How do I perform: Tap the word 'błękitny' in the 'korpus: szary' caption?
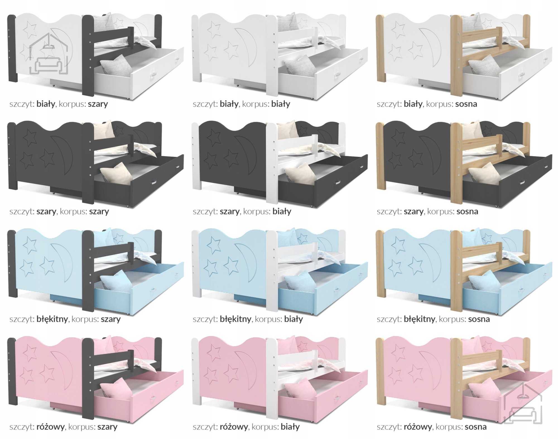(x=52, y=319)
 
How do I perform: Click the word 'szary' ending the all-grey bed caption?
(x=99, y=211)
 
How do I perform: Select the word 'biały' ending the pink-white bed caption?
(x=290, y=427)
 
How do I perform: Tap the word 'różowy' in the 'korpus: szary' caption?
(x=50, y=427)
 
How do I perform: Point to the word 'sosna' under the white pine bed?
(x=466, y=104)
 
